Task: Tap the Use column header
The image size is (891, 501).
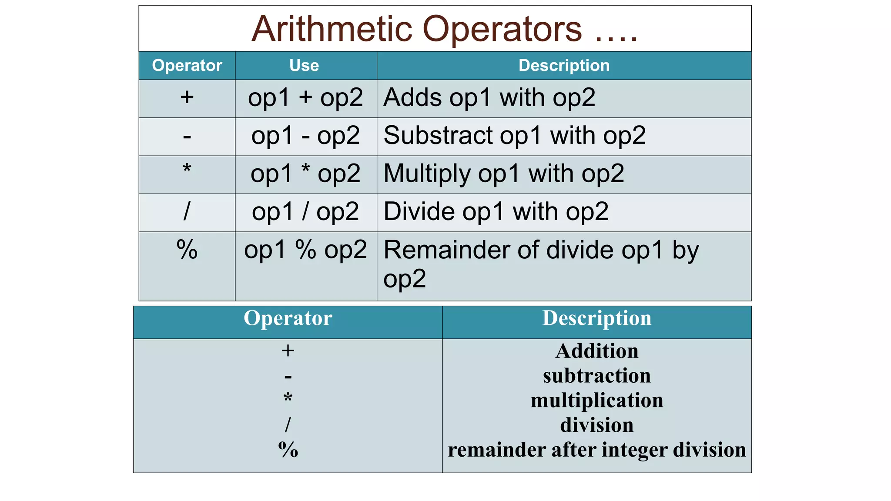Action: (304, 66)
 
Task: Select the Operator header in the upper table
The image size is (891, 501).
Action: (187, 66)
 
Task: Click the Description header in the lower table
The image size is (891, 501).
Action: (596, 318)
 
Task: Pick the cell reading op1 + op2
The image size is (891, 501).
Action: (305, 98)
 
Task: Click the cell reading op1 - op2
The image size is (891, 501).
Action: (305, 136)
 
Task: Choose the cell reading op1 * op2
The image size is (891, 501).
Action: (305, 174)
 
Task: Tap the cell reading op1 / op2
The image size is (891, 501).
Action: (305, 212)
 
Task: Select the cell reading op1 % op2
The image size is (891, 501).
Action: (305, 250)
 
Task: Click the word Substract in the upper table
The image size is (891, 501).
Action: (438, 136)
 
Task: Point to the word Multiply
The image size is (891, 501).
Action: (427, 174)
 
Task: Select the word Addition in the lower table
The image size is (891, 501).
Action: (596, 351)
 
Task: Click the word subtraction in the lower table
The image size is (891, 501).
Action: (596, 376)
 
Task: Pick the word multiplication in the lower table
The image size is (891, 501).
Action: (596, 401)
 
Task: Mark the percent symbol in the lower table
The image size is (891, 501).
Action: (288, 450)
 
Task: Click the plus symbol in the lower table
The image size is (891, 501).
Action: (288, 351)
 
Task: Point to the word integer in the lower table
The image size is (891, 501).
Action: (638, 450)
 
